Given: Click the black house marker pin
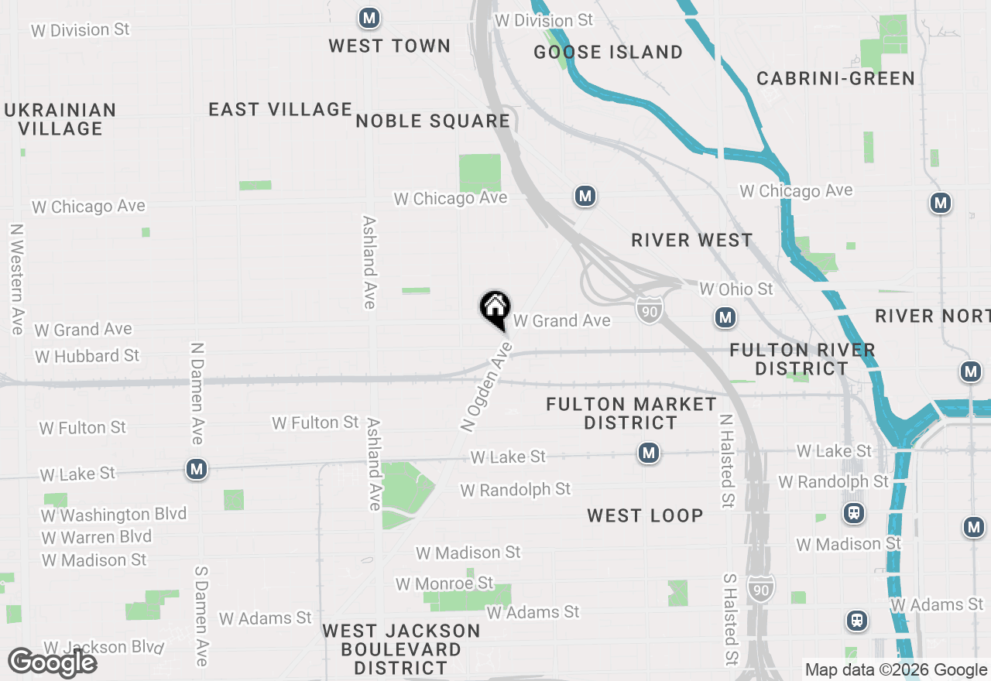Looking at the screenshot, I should pyautogui.click(x=495, y=310).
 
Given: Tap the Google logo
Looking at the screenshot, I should pyautogui.click(x=52, y=662).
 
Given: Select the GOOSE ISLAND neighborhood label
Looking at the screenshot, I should pyautogui.click(x=609, y=52).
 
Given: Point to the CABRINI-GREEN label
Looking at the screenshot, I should pyautogui.click(x=835, y=78).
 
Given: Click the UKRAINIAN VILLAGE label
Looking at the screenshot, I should pyautogui.click(x=60, y=119).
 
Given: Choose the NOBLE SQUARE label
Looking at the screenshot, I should pyautogui.click(x=433, y=121).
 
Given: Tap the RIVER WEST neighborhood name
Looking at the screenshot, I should pyautogui.click(x=691, y=240).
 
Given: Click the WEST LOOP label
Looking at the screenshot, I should pyautogui.click(x=645, y=515).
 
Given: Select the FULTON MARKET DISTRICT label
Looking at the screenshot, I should pyautogui.click(x=631, y=413).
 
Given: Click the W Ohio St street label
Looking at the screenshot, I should pyautogui.click(x=736, y=289).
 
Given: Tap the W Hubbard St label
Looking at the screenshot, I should pyautogui.click(x=87, y=356).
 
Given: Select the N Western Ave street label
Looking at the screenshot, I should pyautogui.click(x=16, y=279).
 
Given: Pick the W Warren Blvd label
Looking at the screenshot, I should pyautogui.click(x=97, y=536).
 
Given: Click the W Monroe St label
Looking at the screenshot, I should pyautogui.click(x=444, y=583).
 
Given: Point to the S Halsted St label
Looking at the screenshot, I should pyautogui.click(x=729, y=619).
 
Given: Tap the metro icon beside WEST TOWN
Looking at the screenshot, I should pyautogui.click(x=369, y=18).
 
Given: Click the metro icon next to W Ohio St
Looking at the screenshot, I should pyautogui.click(x=725, y=317).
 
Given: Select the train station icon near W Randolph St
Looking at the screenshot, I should pyautogui.click(x=854, y=512).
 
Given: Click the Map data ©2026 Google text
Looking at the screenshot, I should pyautogui.click(x=896, y=670).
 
